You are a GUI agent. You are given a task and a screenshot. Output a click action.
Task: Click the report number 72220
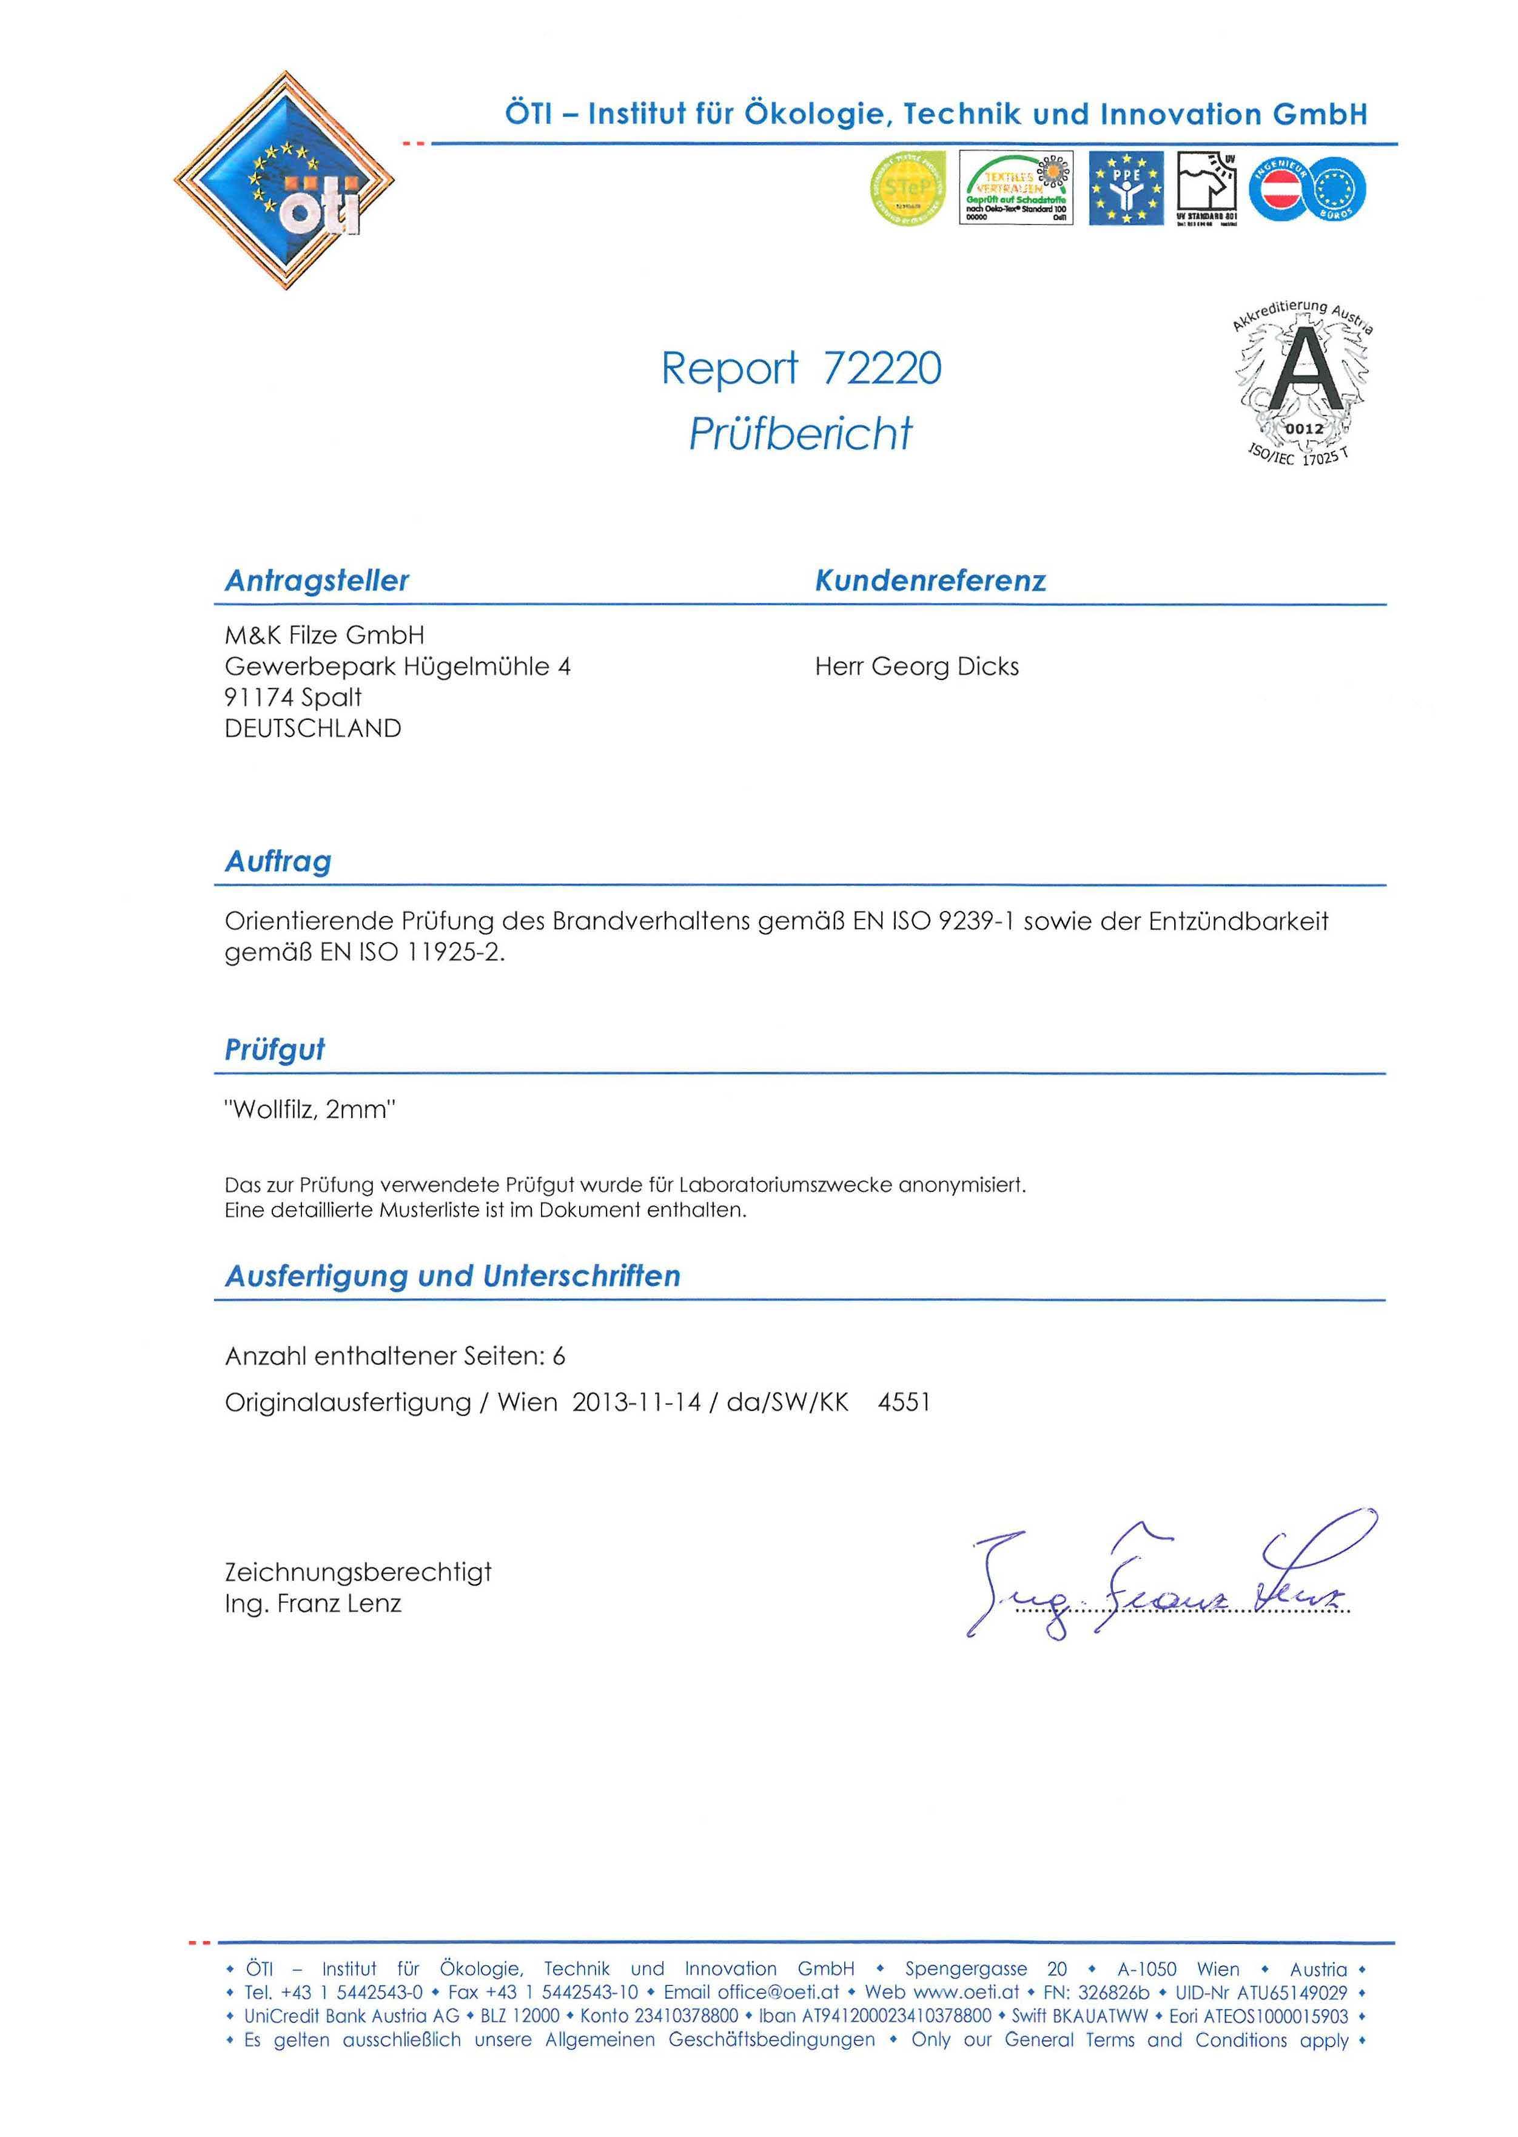tap(881, 368)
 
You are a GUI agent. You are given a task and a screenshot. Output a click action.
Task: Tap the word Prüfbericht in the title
tap(800, 434)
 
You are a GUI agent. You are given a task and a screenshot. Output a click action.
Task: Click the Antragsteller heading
tap(317, 581)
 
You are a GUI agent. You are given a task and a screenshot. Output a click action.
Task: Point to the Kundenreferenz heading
tap(930, 581)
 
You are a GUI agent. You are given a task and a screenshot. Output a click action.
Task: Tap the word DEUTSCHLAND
tap(313, 729)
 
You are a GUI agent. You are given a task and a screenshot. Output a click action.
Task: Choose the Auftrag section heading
tap(278, 861)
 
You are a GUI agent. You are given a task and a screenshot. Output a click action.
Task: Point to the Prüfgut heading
tap(275, 1050)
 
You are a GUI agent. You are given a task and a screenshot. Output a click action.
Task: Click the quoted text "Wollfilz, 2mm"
tap(311, 1111)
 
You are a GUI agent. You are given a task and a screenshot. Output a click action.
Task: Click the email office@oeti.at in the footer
tap(751, 1992)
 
